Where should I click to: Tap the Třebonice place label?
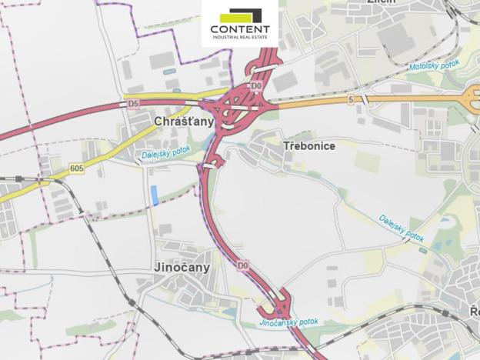tap(309, 145)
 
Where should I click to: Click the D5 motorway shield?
tap(133, 102)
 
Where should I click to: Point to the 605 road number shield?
tap(76, 168)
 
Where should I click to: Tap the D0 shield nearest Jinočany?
tap(243, 265)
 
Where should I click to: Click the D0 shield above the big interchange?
tap(256, 75)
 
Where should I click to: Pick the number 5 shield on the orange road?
tap(351, 99)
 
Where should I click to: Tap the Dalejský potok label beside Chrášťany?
tap(165, 155)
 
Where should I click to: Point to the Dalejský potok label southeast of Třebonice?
tap(401, 227)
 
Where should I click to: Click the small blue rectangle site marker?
tap(155, 195)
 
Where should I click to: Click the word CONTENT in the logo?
tap(240, 30)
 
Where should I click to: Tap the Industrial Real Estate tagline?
tap(240, 38)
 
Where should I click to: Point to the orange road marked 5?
tap(400, 99)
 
